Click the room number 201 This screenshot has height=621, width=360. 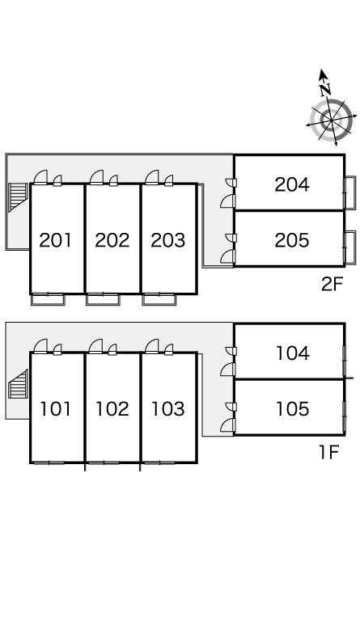(x=56, y=240)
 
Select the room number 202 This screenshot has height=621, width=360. (x=112, y=240)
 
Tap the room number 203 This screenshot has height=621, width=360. (x=168, y=240)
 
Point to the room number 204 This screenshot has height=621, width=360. (x=292, y=184)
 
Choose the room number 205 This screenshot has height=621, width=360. (x=292, y=240)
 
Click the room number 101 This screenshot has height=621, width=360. (x=56, y=409)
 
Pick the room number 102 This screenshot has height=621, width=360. (x=112, y=409)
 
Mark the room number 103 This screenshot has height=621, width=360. (x=168, y=409)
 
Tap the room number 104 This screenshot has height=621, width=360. (x=292, y=353)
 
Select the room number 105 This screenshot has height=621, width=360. (x=292, y=409)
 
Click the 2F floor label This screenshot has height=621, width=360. (x=332, y=284)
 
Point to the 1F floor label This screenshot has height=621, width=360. (x=329, y=452)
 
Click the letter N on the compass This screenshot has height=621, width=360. (x=325, y=89)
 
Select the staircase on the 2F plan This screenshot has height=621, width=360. (x=19, y=197)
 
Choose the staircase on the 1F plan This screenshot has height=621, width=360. (x=19, y=384)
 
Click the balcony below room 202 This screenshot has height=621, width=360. (x=103, y=299)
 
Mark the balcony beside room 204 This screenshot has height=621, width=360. (x=350, y=192)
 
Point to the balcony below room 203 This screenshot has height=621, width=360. (x=159, y=299)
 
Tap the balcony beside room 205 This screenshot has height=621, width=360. (x=350, y=247)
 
